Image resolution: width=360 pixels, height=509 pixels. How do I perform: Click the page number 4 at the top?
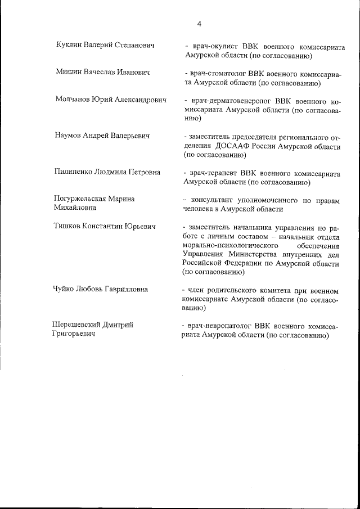(199, 24)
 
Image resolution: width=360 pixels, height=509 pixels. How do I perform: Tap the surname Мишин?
(70, 73)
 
